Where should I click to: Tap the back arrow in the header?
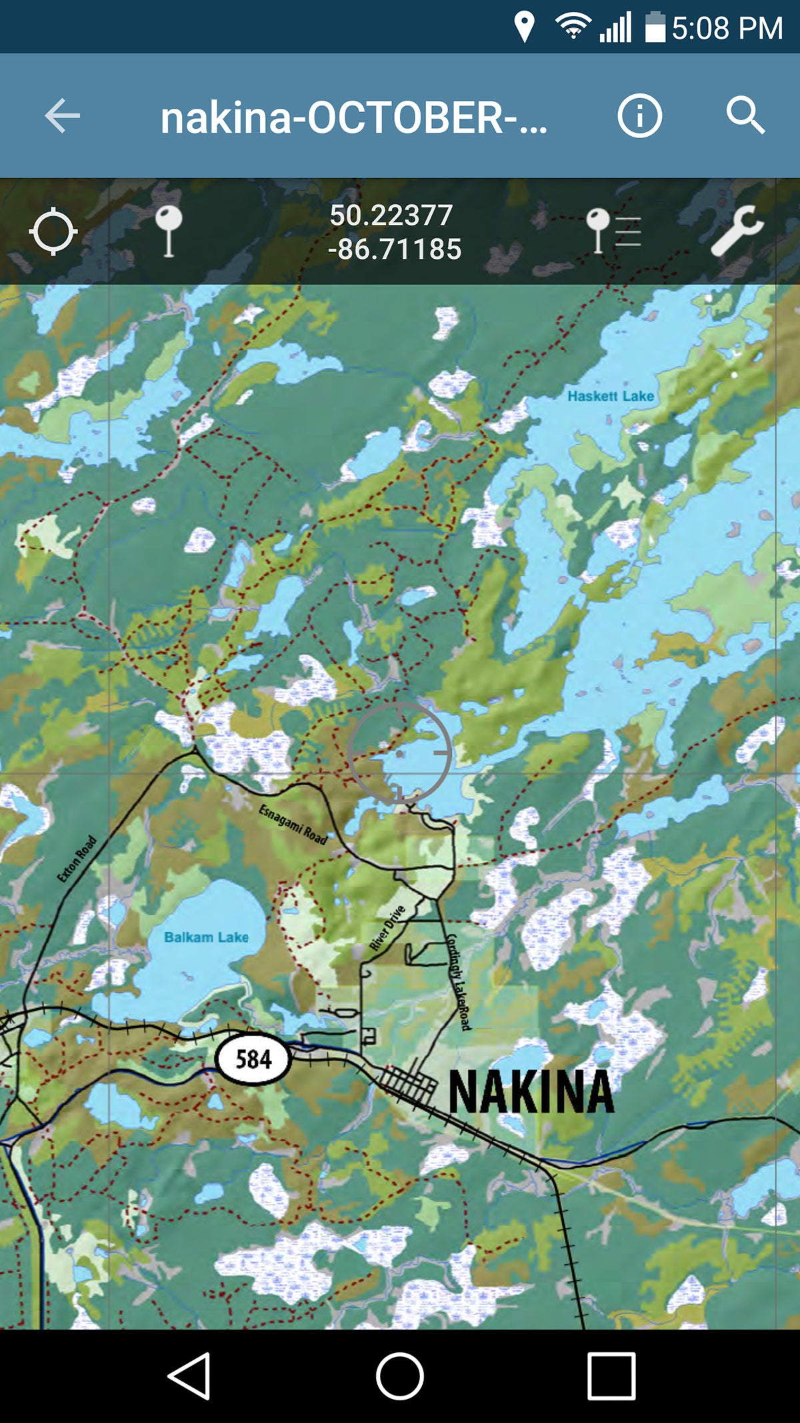63,116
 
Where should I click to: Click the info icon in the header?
639,116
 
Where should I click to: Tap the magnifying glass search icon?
745,116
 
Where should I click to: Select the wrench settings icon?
736,231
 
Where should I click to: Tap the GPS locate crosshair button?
53,231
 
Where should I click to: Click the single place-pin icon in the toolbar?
168,231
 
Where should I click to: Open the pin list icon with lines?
612,231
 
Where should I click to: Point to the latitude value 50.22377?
391,215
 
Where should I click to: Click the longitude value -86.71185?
395,250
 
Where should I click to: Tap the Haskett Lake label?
610,396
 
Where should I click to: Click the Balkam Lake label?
206,937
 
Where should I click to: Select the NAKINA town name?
531,1091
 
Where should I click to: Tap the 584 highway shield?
253,1059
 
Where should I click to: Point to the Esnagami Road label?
293,825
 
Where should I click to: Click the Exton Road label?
77,859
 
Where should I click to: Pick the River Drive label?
387,927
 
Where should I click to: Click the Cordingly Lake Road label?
458,982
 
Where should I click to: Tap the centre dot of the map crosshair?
399,754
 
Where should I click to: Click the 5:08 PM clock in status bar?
727,29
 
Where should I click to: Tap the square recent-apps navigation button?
611,1376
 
